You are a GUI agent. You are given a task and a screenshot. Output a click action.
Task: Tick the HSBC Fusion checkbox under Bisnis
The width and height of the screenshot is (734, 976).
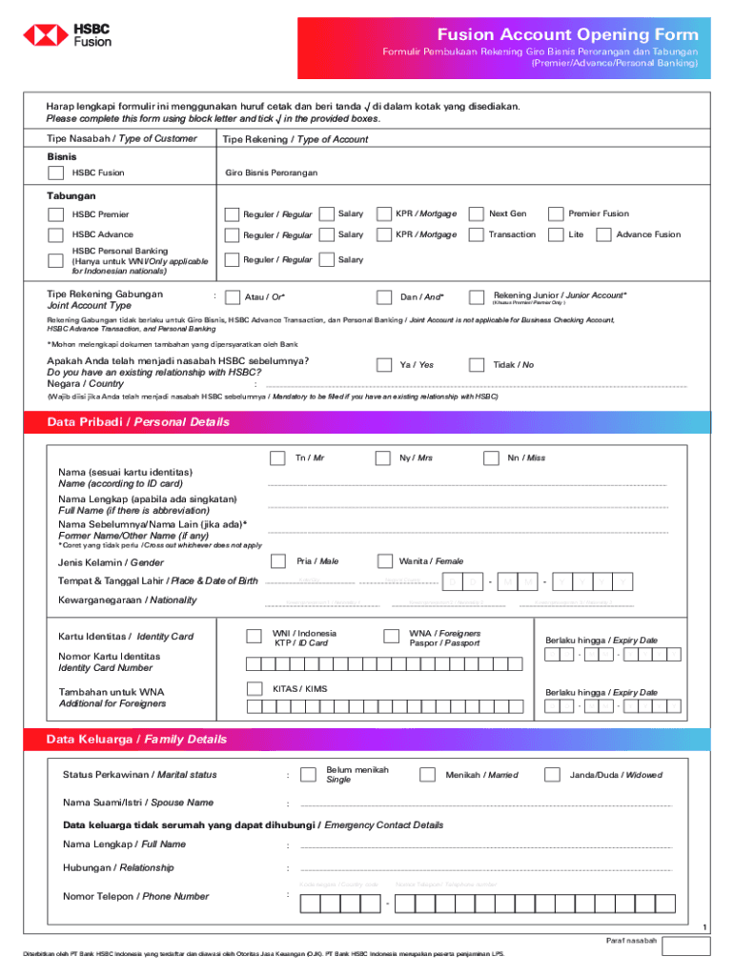point(56,173)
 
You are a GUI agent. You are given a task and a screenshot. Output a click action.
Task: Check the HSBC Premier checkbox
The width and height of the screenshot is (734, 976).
point(56,214)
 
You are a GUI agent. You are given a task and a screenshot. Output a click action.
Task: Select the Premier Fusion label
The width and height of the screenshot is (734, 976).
point(599,214)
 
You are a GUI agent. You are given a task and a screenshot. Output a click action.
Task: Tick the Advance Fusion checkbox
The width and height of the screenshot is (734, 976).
point(603,234)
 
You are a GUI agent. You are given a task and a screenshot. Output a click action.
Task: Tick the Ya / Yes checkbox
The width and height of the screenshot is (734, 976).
point(384,365)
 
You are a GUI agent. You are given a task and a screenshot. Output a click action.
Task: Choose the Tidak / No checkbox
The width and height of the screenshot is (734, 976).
point(476,365)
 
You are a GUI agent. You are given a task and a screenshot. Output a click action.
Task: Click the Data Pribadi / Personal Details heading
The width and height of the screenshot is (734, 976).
point(138,422)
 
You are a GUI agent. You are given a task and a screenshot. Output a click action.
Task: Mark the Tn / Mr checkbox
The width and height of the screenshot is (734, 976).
point(277,458)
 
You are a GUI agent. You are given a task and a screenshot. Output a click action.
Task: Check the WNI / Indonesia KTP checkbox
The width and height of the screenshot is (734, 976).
point(254,637)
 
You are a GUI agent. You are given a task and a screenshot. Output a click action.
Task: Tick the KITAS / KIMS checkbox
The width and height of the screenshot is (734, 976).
point(254,688)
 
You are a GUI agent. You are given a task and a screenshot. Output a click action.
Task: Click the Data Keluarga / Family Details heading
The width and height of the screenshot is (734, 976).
point(136,740)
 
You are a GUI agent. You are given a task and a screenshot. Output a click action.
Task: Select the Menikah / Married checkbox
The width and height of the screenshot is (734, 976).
point(428,775)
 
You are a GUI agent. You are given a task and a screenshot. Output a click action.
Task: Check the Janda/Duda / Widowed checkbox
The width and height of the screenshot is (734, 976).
point(552,775)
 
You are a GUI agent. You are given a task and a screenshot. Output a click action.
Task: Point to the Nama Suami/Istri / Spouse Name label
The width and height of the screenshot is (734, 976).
point(138,803)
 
